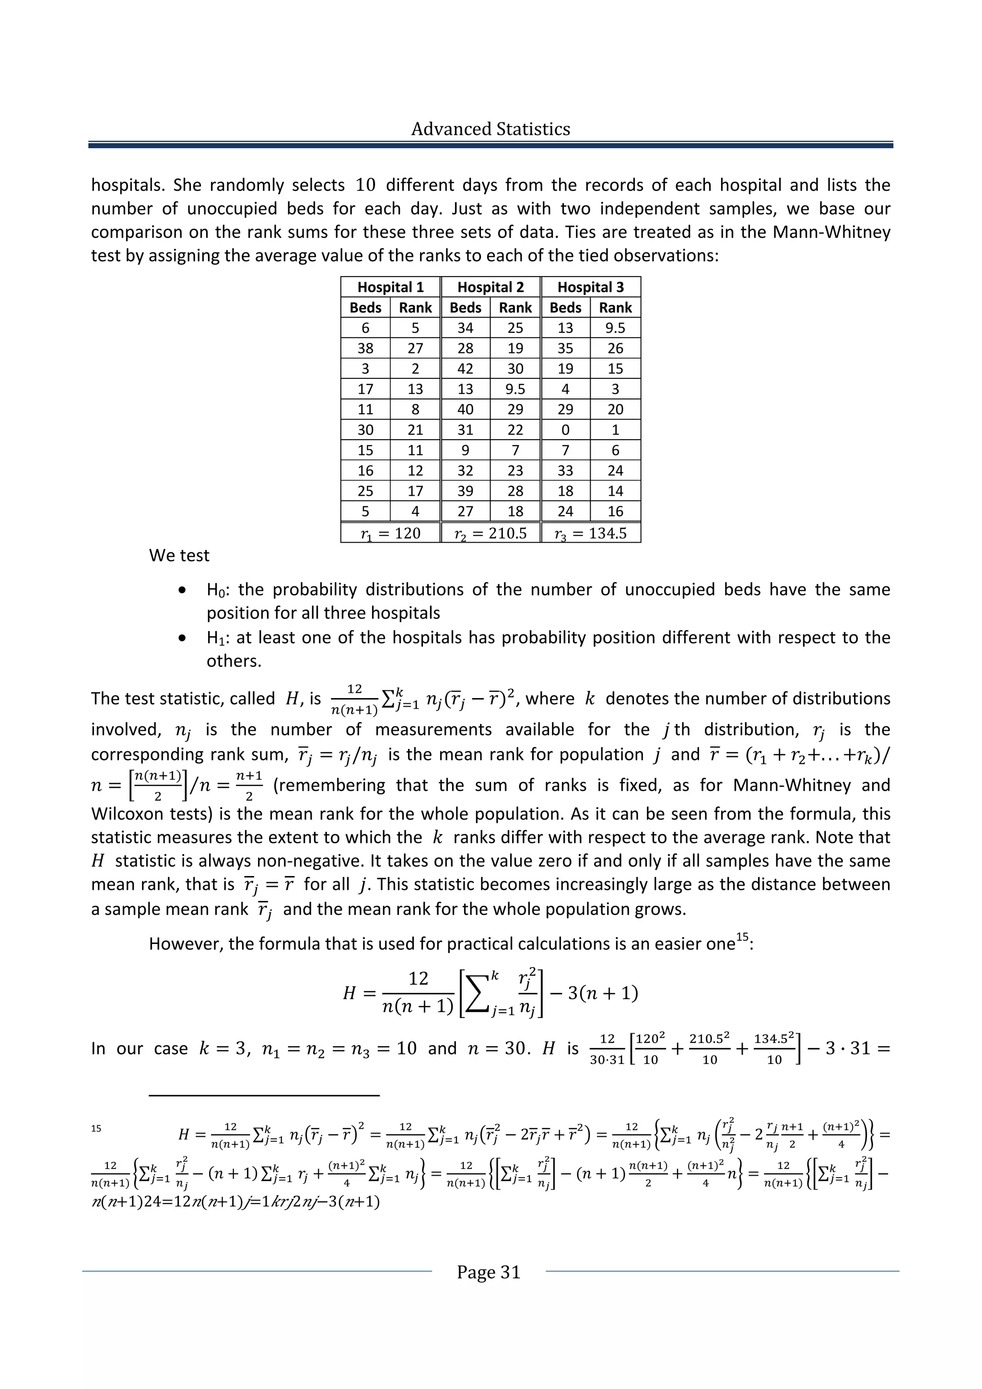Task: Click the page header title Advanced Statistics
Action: coord(490,129)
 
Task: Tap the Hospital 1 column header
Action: coord(390,287)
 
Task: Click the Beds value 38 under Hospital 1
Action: coord(365,349)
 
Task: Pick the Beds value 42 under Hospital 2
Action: coord(465,368)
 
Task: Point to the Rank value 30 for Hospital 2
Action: coord(515,368)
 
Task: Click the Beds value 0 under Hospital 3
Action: coord(565,430)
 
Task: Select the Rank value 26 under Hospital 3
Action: coord(615,349)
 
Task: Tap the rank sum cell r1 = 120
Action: coord(390,534)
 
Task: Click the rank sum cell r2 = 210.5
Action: coord(490,534)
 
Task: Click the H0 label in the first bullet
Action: coord(215,590)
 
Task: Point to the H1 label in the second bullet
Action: coord(215,638)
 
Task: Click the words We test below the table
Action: coord(179,555)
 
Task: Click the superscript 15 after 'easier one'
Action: coord(742,938)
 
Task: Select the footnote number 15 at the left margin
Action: coord(97,1128)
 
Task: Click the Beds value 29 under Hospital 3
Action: coord(565,409)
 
